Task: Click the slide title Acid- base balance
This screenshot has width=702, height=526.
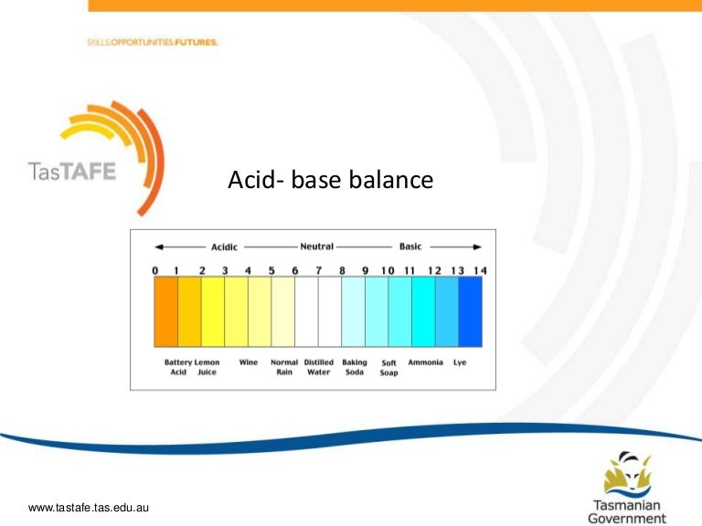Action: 330,182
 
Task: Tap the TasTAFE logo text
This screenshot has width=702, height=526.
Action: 70,172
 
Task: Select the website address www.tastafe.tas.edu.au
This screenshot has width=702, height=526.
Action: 89,508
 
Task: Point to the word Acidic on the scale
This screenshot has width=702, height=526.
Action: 224,247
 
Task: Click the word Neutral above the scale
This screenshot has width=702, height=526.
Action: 316,247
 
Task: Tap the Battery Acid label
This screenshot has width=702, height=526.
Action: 178,367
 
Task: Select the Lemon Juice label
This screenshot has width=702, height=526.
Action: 207,367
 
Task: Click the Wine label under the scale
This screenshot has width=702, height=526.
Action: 249,363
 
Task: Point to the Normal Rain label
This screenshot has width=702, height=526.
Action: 284,367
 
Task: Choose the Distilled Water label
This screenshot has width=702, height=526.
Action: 318,367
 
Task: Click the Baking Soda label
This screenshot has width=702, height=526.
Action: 355,367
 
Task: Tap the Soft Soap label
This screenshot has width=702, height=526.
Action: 388,368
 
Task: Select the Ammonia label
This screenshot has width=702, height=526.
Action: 425,363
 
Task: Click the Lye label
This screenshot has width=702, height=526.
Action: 460,363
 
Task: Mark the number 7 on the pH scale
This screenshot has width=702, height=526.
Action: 318,270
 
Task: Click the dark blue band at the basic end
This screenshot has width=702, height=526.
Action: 470,312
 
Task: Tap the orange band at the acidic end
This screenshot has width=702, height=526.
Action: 165,312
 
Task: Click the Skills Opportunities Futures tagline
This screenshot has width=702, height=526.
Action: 153,42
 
